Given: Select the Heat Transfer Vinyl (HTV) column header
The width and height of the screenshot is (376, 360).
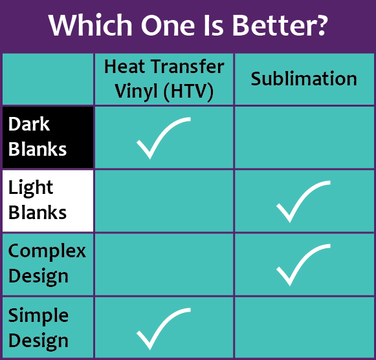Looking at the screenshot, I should [164, 79].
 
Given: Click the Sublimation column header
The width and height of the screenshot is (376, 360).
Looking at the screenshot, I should [304, 79].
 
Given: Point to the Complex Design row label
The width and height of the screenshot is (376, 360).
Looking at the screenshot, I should [47, 263].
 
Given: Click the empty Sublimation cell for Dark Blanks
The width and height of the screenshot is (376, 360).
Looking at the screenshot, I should [304, 137].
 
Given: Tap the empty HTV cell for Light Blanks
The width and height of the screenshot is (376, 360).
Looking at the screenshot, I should [164, 200].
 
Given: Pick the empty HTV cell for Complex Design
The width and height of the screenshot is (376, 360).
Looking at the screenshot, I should [164, 264].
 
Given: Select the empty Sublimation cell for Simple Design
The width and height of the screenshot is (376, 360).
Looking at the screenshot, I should [304, 327].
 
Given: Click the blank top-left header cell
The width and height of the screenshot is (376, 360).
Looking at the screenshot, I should [48, 79].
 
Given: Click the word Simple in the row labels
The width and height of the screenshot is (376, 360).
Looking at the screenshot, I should [38, 315].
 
